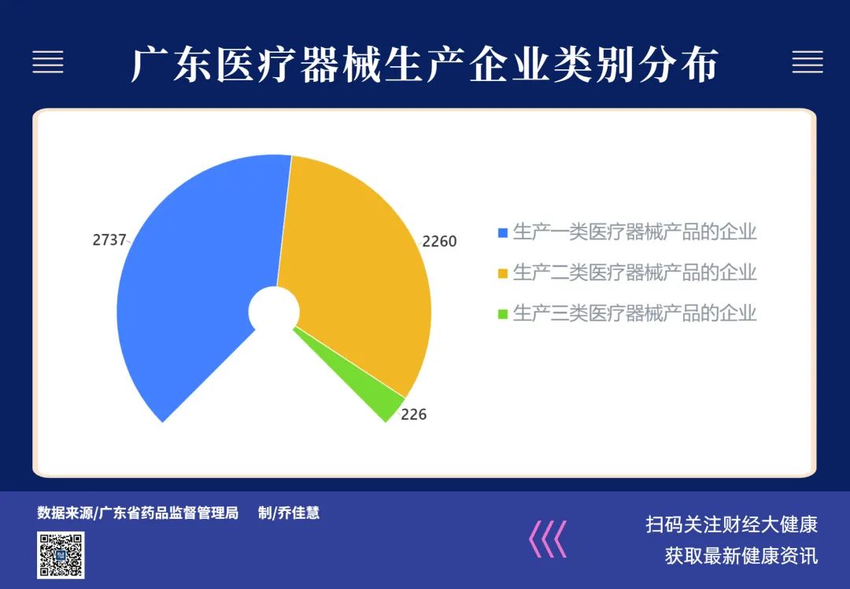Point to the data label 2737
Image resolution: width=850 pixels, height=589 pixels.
(x=109, y=239)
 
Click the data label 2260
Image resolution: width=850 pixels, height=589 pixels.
(x=439, y=242)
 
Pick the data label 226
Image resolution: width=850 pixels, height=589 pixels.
(x=414, y=414)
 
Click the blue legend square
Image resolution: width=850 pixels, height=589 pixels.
(x=502, y=232)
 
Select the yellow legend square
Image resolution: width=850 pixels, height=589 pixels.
(x=502, y=273)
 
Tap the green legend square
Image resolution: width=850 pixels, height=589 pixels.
(x=502, y=314)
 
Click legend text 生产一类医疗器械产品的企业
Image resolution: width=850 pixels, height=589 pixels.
(x=634, y=232)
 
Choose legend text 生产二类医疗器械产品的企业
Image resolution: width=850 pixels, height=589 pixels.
(x=634, y=272)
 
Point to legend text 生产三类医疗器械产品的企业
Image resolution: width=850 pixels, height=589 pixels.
(x=634, y=313)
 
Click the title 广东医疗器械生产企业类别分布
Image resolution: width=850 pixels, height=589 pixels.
(x=425, y=65)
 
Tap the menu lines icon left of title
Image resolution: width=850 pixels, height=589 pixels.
(x=48, y=62)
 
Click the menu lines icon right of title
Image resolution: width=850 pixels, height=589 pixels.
(x=807, y=62)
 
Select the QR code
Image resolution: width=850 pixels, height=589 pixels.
(x=61, y=555)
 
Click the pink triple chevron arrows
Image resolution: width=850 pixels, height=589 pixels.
(x=548, y=539)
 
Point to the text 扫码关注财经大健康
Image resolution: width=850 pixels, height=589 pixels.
(x=731, y=524)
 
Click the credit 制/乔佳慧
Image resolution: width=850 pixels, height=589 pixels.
(x=288, y=513)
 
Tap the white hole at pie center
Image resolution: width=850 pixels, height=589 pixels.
(x=274, y=311)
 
